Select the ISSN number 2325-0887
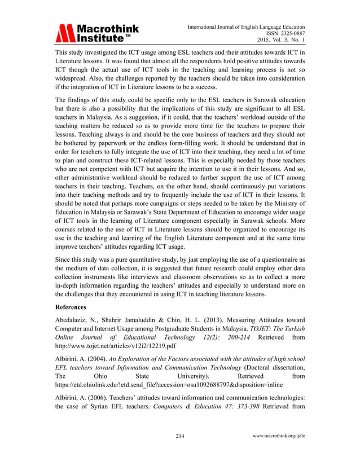[289, 33]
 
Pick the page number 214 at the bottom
[180, 452]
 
